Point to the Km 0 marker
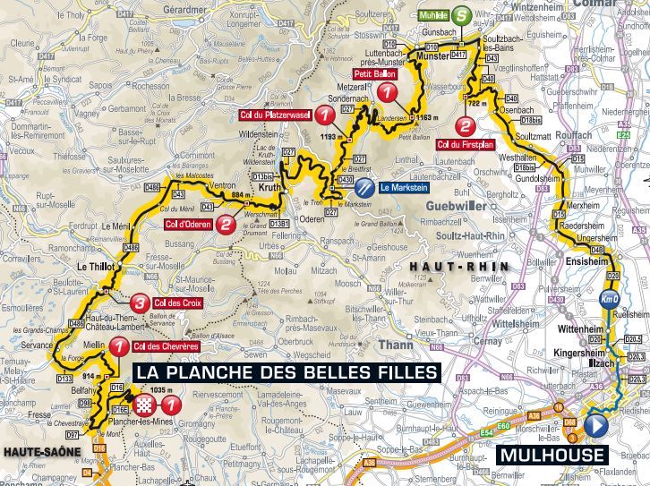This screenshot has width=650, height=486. coord(610,299)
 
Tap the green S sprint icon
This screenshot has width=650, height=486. coord(459,15)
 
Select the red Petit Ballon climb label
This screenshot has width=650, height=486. coord(370,75)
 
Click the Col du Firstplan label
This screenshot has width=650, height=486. coord(466,143)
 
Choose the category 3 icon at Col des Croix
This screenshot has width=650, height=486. coord(140,302)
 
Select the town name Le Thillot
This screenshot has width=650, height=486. coord(92,267)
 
